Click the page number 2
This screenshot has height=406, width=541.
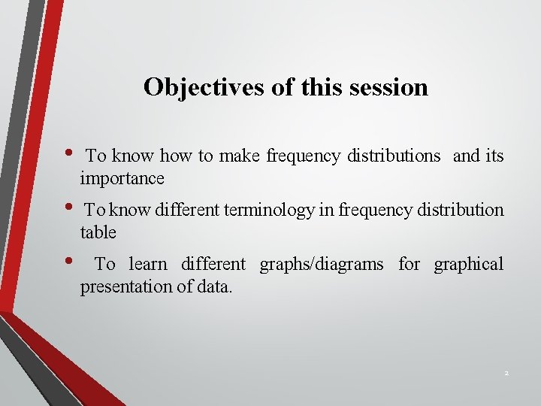(506, 374)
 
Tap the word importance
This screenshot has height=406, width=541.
(122, 179)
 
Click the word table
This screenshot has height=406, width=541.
(98, 233)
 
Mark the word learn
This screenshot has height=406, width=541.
(149, 265)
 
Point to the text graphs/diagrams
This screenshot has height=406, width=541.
(321, 265)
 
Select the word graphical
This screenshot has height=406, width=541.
(469, 265)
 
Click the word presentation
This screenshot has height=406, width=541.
(121, 286)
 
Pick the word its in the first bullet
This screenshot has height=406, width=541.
(494, 156)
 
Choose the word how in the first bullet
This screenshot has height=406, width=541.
(177, 156)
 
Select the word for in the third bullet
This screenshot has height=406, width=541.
(409, 265)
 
